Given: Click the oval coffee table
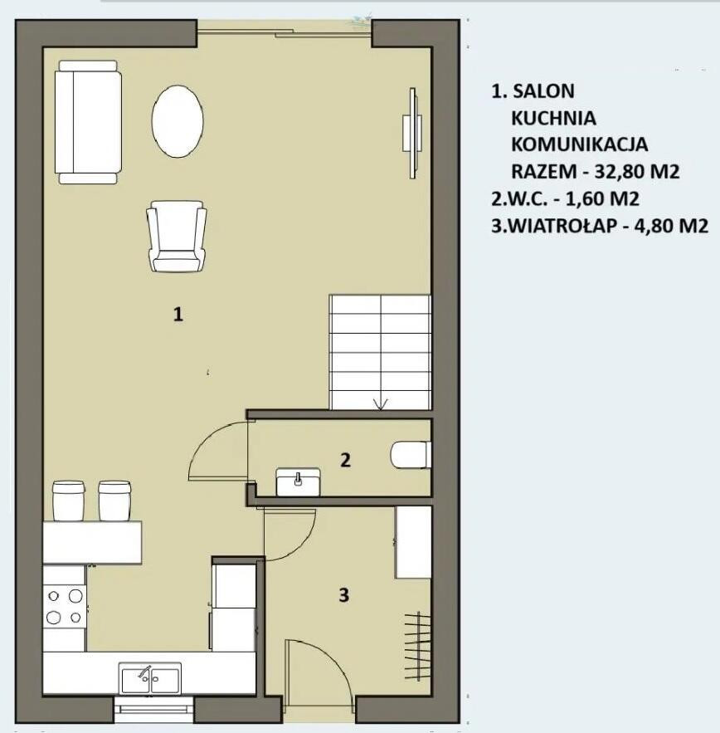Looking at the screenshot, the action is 178,121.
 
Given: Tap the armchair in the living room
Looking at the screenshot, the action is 177,237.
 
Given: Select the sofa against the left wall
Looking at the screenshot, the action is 88,122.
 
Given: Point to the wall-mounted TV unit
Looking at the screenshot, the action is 412,133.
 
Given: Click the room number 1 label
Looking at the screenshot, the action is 178,314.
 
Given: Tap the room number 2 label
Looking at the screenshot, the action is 345,460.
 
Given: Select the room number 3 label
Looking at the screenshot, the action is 344,594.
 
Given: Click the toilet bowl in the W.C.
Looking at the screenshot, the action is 411,455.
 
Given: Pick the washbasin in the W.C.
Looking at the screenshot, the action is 298,481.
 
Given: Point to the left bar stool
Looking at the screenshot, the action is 68,501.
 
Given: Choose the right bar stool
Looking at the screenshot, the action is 114,501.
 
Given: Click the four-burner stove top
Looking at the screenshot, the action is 65,607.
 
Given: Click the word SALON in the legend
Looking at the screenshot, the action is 543,91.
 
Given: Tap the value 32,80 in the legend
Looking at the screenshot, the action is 615,172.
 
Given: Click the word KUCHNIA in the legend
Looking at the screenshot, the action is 553,118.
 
